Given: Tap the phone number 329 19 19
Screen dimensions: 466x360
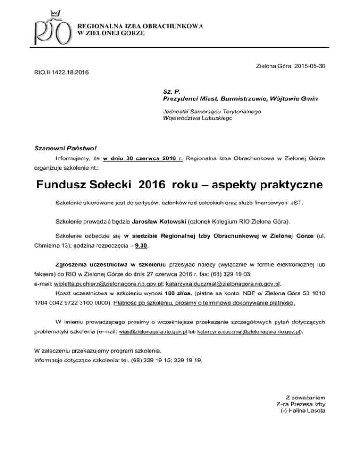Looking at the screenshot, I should [189, 360].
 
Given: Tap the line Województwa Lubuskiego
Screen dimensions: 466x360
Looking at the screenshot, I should [193, 118].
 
